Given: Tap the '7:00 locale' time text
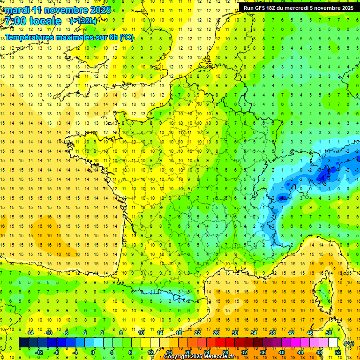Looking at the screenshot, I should point(33,21).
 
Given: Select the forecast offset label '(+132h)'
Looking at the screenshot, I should point(83,21).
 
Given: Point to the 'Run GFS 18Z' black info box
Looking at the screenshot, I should point(299,7).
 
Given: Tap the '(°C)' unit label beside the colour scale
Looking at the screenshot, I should point(349,343).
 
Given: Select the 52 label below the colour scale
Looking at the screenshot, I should point(338,352).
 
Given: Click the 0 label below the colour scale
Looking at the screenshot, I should point(93,352).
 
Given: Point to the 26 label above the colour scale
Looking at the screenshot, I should point(216,333).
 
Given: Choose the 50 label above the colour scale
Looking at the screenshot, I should point(329,333).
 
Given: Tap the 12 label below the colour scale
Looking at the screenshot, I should point(150,352).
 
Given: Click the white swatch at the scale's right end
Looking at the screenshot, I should point(333,343).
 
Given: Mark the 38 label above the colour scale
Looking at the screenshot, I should point(272,333).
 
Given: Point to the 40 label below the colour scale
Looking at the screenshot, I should point(282,352).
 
